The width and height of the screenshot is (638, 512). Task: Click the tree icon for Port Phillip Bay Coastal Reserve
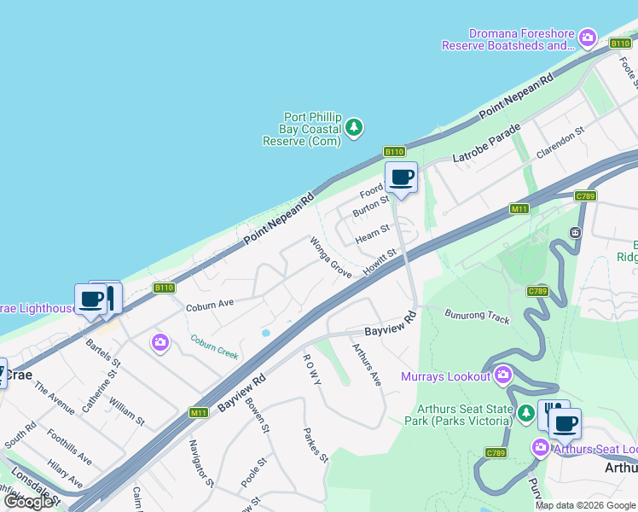pos(354,128)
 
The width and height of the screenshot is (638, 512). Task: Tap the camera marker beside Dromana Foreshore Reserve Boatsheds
pos(587,38)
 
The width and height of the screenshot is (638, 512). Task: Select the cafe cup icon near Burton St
pos(401,178)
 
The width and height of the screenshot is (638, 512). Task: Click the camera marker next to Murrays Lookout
pos(502,375)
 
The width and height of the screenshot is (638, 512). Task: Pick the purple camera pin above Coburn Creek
pos(160,343)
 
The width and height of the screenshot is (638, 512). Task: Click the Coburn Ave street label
pos(210,304)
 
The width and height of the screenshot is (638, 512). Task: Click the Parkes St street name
pos(316,445)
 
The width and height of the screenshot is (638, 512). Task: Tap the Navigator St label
pos(201,463)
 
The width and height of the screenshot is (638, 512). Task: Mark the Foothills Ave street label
pos(69,446)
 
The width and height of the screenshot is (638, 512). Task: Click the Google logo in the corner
pos(28,502)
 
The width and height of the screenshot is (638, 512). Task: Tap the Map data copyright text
pos(586,505)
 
